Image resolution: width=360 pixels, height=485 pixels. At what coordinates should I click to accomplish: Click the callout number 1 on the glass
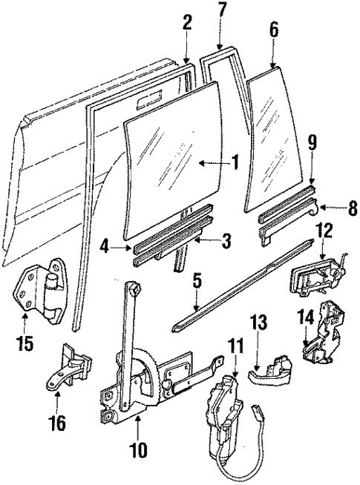(x=235, y=162)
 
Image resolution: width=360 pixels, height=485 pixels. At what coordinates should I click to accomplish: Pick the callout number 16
(x=58, y=424)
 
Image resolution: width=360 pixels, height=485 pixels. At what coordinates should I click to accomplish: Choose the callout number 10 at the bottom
(x=137, y=449)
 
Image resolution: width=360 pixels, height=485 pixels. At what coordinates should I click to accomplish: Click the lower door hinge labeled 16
(x=72, y=368)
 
